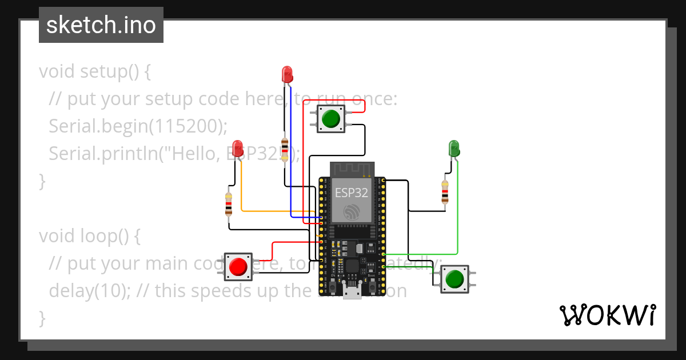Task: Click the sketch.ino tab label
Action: tap(101, 25)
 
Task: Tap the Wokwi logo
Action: tap(607, 315)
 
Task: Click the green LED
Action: tap(454, 148)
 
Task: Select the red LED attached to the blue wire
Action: tap(287, 74)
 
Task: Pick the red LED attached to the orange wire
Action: tap(238, 147)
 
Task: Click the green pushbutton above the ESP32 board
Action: tap(330, 119)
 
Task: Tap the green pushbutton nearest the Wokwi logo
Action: tap(454, 279)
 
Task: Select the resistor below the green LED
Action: tap(445, 191)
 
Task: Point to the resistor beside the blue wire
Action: tap(285, 147)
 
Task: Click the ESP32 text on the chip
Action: tap(351, 193)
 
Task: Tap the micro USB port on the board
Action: tap(352, 293)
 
